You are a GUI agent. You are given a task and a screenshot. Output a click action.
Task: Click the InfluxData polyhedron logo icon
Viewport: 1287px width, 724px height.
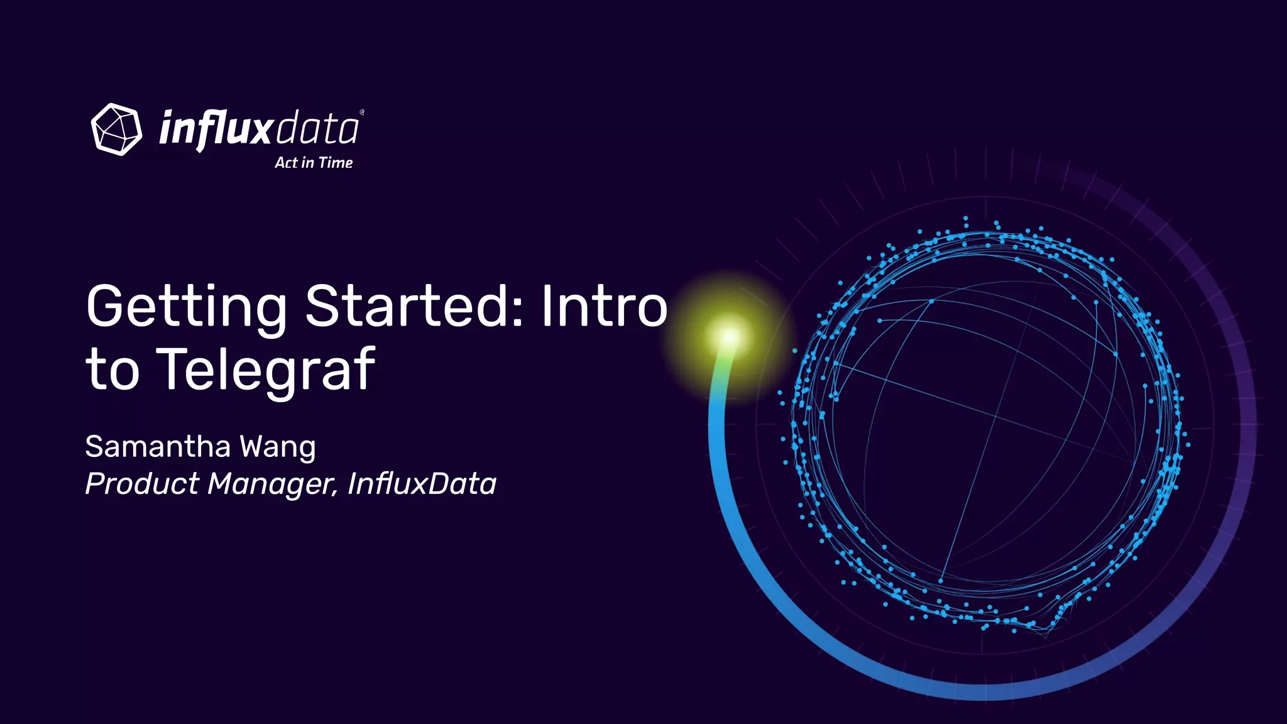pyautogui.click(x=116, y=129)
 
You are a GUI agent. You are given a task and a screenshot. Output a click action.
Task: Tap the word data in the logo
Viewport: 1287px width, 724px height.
pyautogui.click(x=317, y=129)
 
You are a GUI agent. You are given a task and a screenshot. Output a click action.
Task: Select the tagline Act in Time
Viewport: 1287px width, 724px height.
pyautogui.click(x=314, y=163)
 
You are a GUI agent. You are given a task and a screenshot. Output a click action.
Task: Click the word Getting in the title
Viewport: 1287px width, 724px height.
pyautogui.click(x=186, y=307)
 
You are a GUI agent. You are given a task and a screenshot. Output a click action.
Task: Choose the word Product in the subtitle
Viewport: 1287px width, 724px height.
pyautogui.click(x=142, y=484)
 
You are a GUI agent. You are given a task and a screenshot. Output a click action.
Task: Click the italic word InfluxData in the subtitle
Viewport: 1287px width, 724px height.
pyautogui.click(x=422, y=484)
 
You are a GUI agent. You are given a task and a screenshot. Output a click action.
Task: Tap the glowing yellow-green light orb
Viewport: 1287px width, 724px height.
pyautogui.click(x=729, y=337)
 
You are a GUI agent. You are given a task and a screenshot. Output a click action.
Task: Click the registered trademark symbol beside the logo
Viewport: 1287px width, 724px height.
pyautogui.click(x=362, y=112)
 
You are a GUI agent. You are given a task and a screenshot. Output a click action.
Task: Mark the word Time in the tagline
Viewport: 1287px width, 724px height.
pyautogui.click(x=336, y=163)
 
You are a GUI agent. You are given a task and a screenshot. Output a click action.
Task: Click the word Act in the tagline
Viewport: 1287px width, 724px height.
pyautogui.click(x=286, y=163)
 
